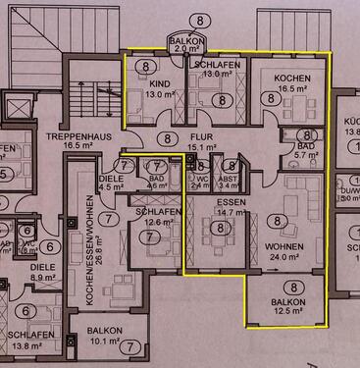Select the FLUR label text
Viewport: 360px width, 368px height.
pos(202,137)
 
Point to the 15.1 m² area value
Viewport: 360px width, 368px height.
pos(202,148)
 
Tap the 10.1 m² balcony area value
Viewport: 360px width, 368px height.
pos(106,342)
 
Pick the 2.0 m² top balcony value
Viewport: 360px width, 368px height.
pos(185,47)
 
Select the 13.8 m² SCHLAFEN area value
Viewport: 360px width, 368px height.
pos(28,345)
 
